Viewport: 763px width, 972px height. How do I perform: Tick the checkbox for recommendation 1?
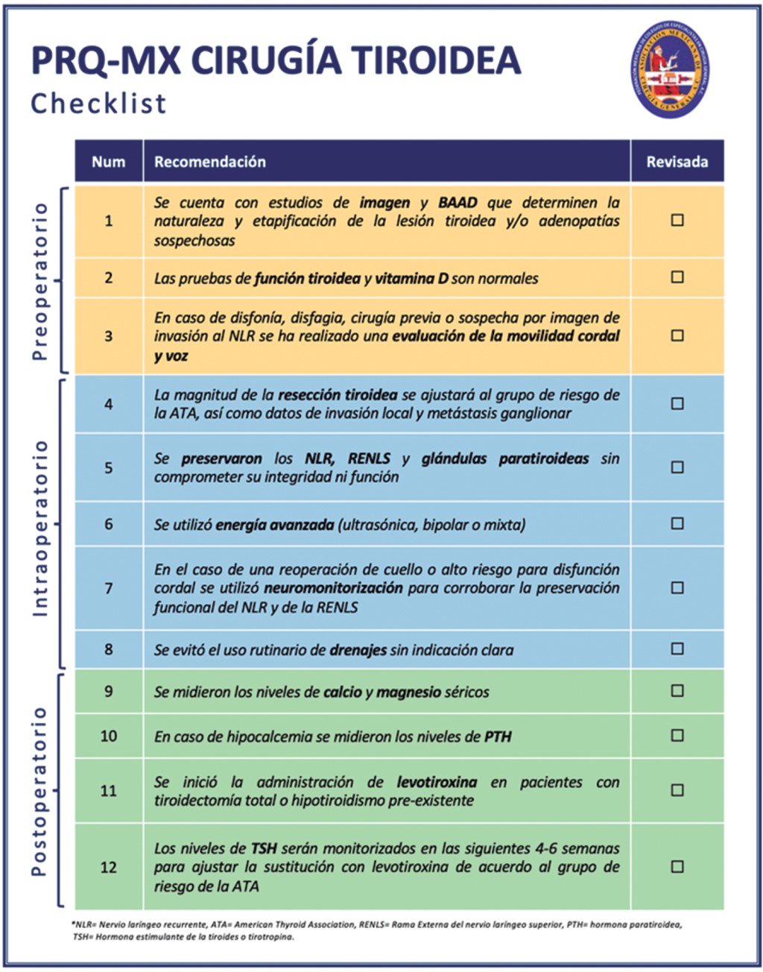[677, 220]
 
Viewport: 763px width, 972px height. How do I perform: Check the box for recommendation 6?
[677, 523]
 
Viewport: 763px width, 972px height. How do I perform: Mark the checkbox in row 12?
[677, 866]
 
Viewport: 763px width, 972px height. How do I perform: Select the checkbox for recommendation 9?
[677, 690]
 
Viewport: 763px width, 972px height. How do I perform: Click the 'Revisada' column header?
[677, 162]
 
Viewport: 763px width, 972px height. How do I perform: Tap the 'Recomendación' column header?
[209, 162]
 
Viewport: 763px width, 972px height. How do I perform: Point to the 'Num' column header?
[109, 162]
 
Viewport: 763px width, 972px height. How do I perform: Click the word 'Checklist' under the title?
[98, 104]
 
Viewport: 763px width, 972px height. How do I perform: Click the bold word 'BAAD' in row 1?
[458, 203]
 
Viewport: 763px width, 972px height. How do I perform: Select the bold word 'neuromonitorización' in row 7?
[333, 588]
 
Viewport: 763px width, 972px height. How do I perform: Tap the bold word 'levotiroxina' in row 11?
[437, 782]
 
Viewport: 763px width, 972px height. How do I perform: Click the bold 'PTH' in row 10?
[498, 736]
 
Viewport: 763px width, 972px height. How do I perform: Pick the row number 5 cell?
[109, 467]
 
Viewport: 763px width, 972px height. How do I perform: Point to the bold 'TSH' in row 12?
[264, 848]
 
